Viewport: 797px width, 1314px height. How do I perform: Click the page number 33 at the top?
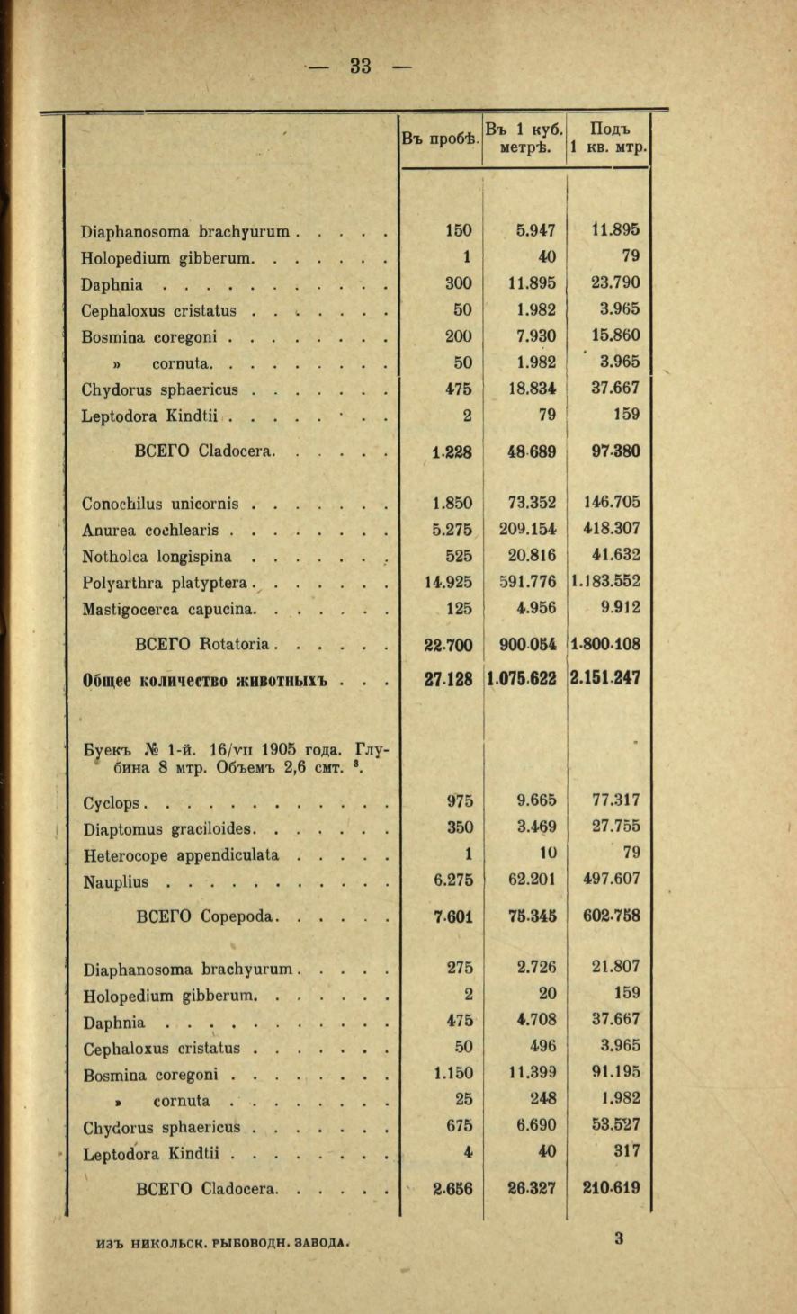point(361,66)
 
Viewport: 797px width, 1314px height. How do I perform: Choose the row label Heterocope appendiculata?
point(180,854)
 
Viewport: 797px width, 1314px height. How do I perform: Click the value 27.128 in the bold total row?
point(448,678)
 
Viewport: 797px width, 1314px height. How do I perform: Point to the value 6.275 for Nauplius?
point(453,880)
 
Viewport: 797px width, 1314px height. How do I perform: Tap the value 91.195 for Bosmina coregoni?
point(615,1072)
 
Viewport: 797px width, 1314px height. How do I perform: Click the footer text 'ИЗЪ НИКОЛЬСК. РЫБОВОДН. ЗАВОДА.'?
point(221,1243)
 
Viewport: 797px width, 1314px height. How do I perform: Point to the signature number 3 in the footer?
point(619,1238)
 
